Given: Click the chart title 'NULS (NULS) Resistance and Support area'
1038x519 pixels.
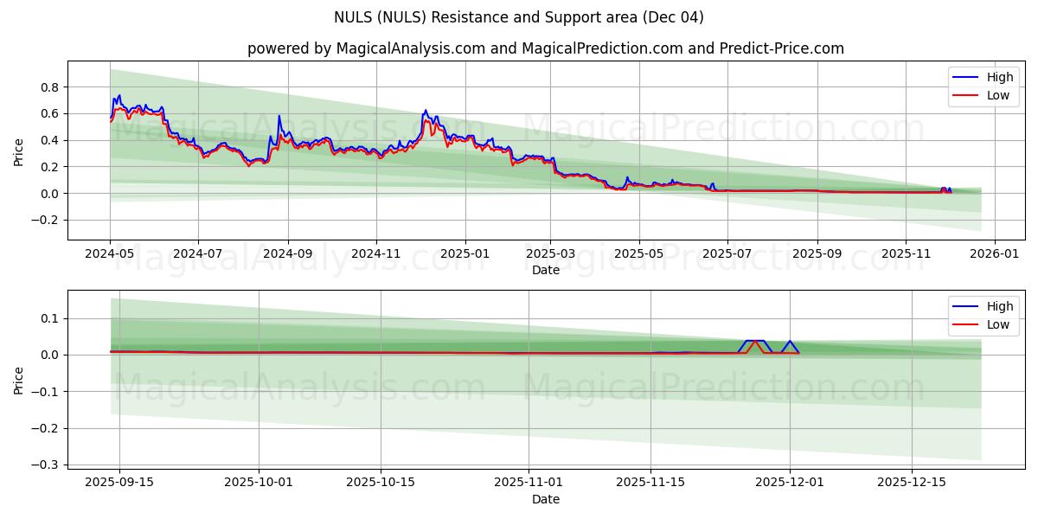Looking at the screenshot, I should [x=518, y=17].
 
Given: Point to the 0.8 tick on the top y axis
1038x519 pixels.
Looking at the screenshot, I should [x=50, y=87].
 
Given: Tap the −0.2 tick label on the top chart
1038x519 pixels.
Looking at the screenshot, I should [x=46, y=220].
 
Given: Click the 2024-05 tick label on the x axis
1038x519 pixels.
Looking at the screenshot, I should [x=110, y=254].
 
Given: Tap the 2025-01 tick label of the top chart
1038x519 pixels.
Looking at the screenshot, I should [x=465, y=254].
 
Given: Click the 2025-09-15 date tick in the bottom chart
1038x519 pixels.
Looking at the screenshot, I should [x=119, y=483].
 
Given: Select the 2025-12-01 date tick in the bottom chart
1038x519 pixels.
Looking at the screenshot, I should [x=789, y=483].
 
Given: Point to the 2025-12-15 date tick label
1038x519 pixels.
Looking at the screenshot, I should [x=911, y=483].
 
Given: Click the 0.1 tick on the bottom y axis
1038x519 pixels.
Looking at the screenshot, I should [x=50, y=318].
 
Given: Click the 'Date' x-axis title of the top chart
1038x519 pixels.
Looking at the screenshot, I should [x=545, y=270].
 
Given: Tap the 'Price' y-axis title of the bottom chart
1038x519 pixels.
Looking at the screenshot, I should [x=19, y=380].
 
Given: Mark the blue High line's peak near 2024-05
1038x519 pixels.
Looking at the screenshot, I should [x=119, y=95].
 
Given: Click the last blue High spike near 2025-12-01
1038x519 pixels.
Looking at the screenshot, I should [x=789, y=341].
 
